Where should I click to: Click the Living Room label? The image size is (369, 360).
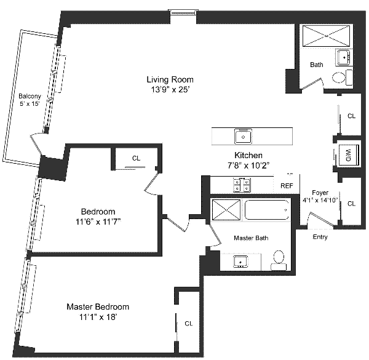(x=170, y=79)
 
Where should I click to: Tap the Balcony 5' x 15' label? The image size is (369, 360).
(x=30, y=100)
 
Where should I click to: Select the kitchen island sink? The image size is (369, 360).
(x=243, y=137)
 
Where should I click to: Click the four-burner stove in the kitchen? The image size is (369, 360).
(x=242, y=185)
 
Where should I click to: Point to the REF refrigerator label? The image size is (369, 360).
(x=287, y=186)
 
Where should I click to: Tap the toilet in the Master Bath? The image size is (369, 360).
(x=279, y=260)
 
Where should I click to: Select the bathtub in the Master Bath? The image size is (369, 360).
(x=267, y=210)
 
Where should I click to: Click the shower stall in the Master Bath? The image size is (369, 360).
(x=226, y=210)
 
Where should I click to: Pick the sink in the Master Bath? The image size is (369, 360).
(x=240, y=262)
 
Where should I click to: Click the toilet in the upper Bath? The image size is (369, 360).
(x=342, y=77)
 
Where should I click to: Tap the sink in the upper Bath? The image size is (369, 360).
(x=344, y=57)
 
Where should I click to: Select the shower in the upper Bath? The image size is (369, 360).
(x=326, y=36)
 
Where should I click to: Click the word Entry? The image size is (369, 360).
(x=320, y=237)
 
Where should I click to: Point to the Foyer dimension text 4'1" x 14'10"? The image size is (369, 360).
(x=320, y=200)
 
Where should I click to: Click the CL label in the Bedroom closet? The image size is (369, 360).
(x=136, y=158)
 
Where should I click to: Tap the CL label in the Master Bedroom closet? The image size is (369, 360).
(x=189, y=324)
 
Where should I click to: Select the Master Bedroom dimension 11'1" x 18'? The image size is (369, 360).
(x=98, y=317)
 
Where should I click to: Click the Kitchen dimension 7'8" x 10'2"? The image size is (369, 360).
(x=248, y=166)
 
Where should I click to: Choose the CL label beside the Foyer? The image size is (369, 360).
(x=351, y=204)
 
